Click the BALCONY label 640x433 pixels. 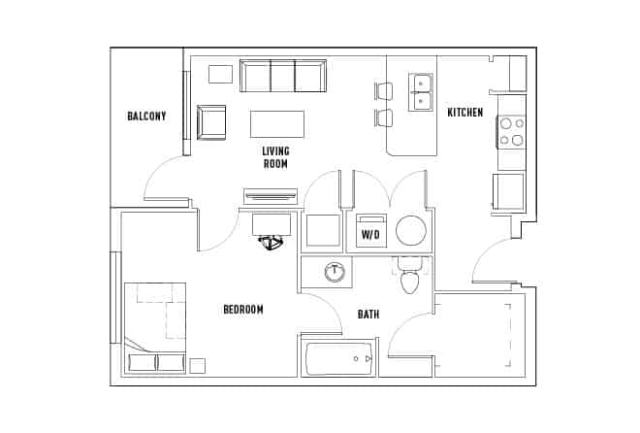point(146,117)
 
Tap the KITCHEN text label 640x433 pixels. point(464,113)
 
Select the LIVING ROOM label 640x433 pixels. point(276,157)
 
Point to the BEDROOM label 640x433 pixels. point(243,310)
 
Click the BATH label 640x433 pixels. point(368,314)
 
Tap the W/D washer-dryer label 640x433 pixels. point(370,234)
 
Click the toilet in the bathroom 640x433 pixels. point(408,279)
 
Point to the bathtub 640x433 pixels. point(338,359)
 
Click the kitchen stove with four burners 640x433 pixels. point(511,131)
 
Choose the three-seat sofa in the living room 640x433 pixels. point(284,76)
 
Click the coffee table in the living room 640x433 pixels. point(277,124)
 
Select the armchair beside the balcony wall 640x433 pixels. point(211,122)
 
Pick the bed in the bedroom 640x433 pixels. point(155,326)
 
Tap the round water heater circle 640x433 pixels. point(411,231)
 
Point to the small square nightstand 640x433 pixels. point(197,366)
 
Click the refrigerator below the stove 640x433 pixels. point(509,191)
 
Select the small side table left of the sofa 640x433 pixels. point(221,74)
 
